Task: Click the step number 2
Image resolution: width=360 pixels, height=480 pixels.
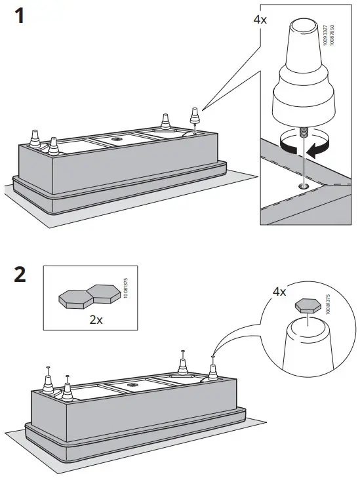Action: pyautogui.click(x=20, y=273)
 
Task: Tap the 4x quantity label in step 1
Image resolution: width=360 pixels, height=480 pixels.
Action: pyautogui.click(x=260, y=19)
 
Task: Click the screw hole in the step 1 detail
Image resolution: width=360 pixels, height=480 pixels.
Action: pyautogui.click(x=302, y=186)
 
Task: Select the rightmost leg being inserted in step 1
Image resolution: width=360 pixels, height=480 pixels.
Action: pyautogui.click(x=194, y=118)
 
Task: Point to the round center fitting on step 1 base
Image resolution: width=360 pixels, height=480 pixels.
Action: pyautogui.click(x=117, y=139)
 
